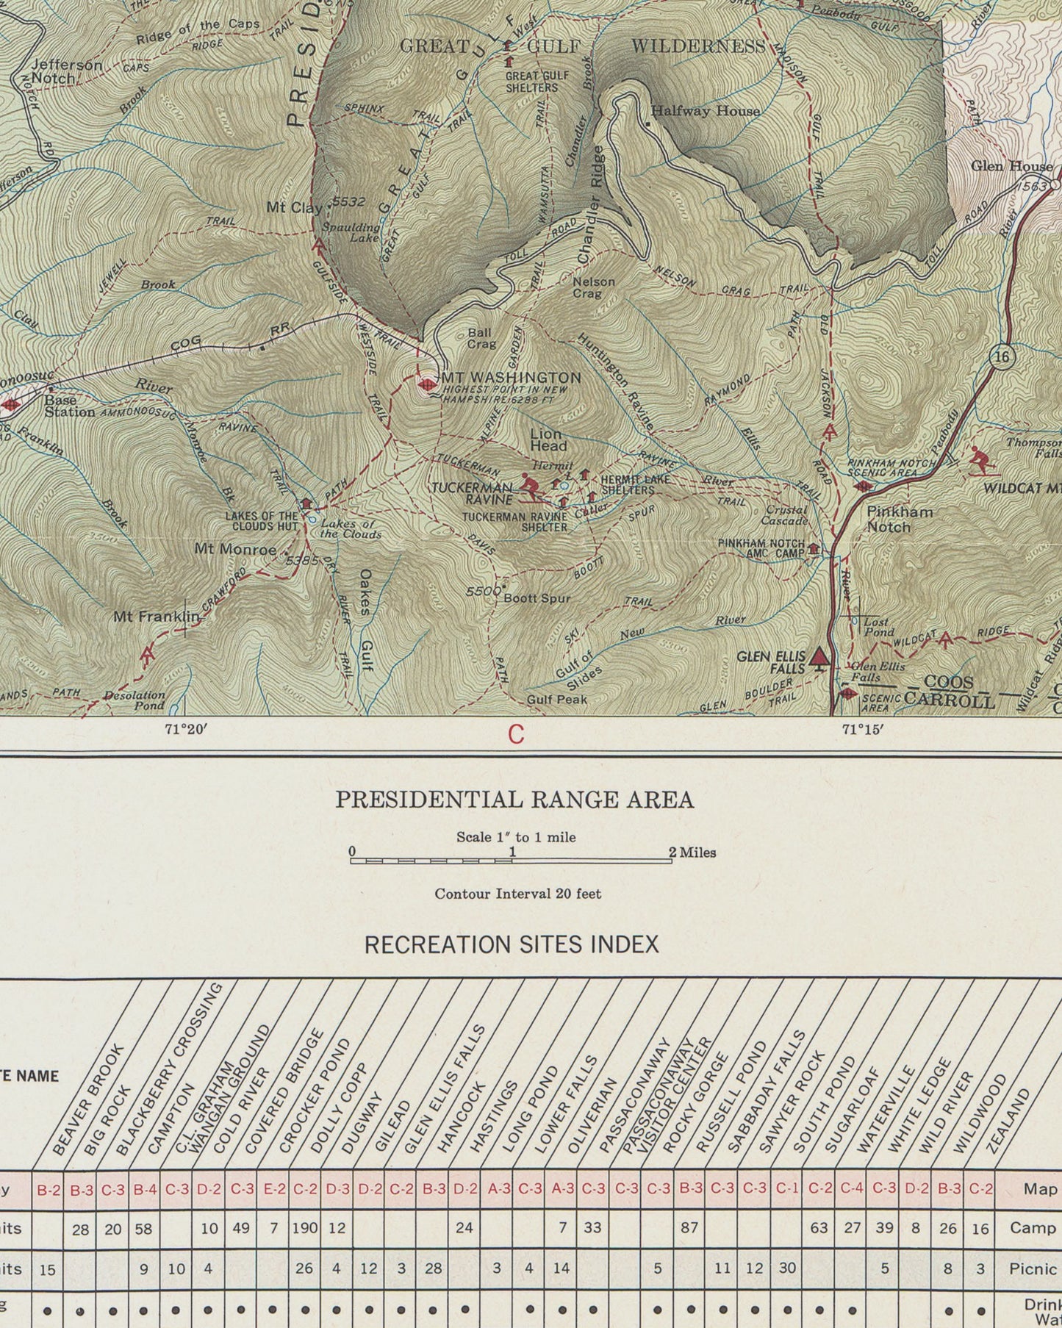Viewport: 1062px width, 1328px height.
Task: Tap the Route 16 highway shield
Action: point(1001,358)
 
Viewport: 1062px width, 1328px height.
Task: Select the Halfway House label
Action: point(706,111)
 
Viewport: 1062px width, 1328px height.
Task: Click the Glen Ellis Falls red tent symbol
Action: point(818,658)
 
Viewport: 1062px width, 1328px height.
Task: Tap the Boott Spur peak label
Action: point(537,598)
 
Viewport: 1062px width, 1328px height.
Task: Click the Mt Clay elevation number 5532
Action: point(348,201)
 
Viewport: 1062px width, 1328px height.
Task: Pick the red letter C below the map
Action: point(516,734)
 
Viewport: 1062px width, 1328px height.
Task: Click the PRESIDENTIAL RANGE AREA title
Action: point(514,800)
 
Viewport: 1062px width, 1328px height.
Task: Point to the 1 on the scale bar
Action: point(513,853)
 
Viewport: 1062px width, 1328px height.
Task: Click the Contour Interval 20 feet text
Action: point(517,894)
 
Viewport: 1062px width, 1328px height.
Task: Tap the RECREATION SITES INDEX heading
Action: point(512,944)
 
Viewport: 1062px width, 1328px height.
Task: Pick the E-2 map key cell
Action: point(273,1188)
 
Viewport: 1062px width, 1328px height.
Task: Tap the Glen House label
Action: point(1011,166)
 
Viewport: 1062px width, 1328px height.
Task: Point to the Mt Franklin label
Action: point(156,617)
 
